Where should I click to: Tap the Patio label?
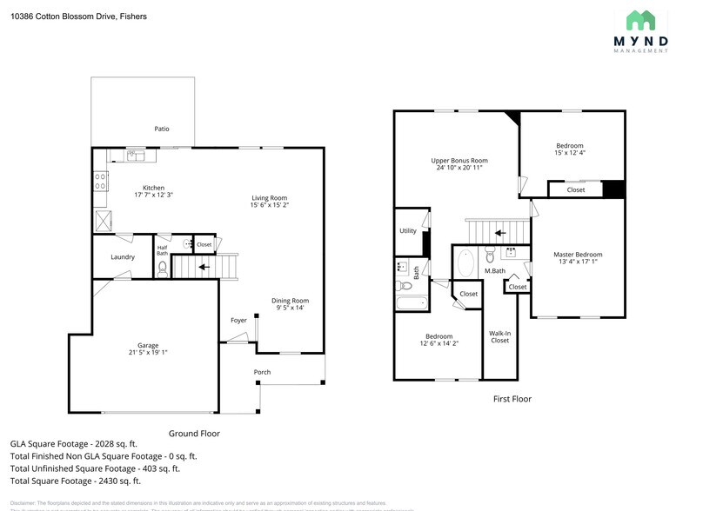pos(162,129)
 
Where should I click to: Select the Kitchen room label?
pos(153,188)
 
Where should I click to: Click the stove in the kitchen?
pos(101,182)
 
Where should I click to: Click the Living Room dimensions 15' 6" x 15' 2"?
pos(269,206)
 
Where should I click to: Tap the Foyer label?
pos(238,320)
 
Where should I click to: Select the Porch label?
pos(262,372)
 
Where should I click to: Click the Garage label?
pos(147,345)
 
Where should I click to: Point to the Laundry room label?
pos(123,257)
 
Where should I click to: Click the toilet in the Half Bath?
pos(163,268)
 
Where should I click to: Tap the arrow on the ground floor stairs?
pos(203,267)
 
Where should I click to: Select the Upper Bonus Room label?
pos(459,160)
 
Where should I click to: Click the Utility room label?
pos(407,231)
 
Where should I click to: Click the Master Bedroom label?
pos(578,255)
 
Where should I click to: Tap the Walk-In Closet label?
pos(499,336)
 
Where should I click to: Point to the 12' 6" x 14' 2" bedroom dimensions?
pos(438,344)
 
